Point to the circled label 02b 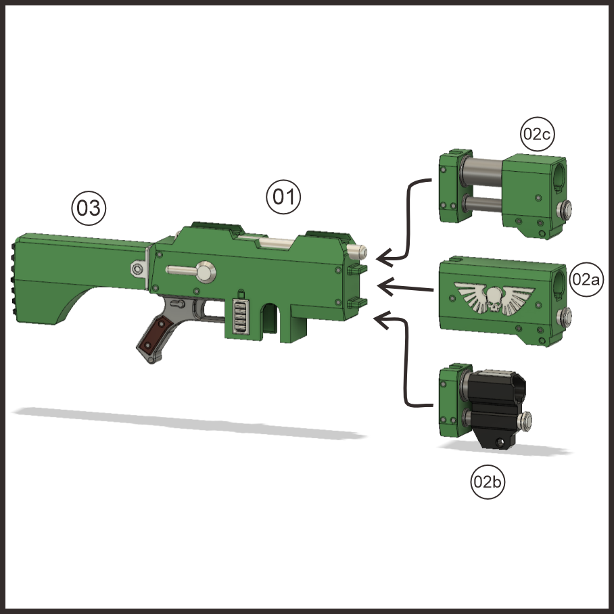point(488,482)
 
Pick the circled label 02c point(538,135)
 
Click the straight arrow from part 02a point(406,288)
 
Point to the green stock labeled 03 point(74,274)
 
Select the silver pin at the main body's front point(359,252)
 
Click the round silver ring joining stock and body point(138,270)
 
